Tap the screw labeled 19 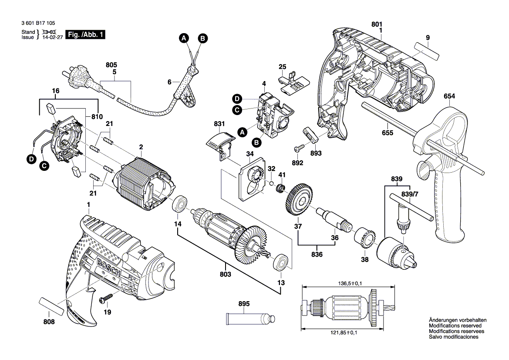[105, 299]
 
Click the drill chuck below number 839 [397, 254]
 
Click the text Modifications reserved [455, 326]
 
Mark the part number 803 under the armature [226, 275]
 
